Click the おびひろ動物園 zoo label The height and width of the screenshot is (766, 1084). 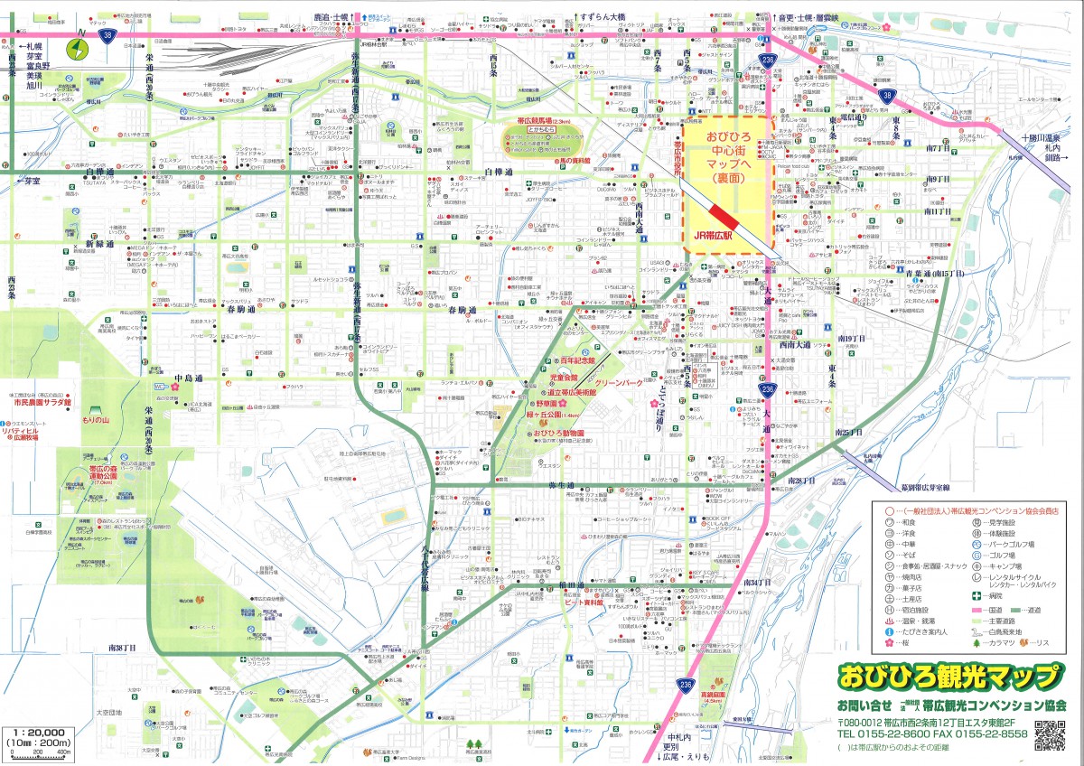click(x=557, y=433)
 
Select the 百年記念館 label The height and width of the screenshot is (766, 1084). click(x=575, y=360)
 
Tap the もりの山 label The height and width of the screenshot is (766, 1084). click(x=94, y=420)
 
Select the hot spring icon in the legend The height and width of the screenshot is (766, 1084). click(x=889, y=622)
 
